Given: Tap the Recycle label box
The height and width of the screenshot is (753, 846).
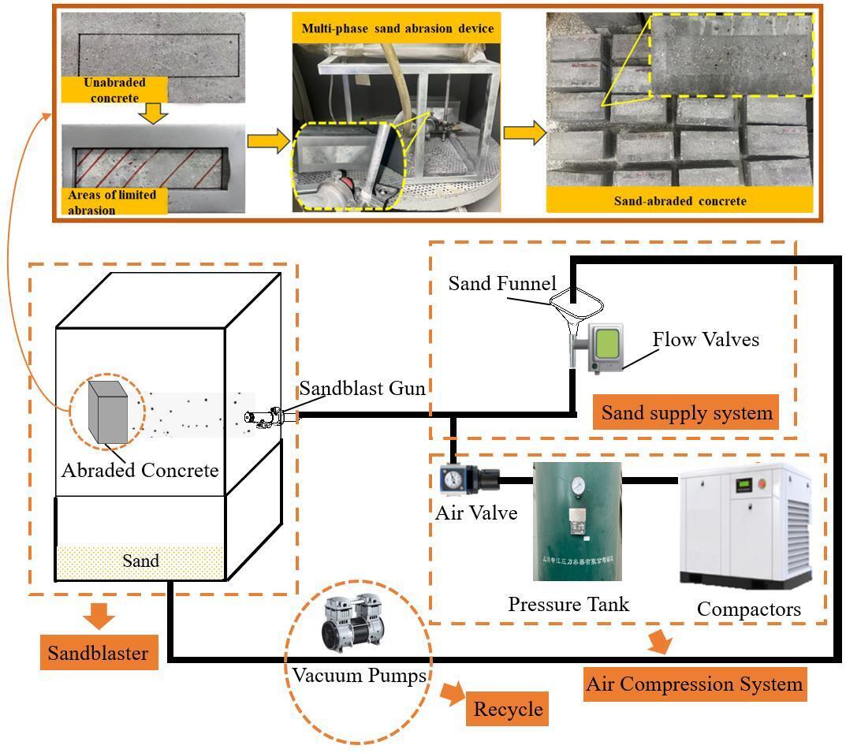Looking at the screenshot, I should click(508, 709).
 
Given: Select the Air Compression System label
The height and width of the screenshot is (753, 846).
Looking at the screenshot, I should click(694, 684).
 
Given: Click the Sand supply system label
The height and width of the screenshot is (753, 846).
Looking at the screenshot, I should click(686, 413).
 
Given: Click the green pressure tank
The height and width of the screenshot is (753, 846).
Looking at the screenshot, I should click(577, 520).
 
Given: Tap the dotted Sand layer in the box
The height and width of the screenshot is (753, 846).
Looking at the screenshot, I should click(140, 561).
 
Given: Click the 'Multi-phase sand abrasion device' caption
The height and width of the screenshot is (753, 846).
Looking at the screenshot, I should click(397, 29).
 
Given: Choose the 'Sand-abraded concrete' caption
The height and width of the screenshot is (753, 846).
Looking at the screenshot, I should click(680, 200).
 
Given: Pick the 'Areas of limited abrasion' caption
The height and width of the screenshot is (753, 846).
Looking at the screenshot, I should click(114, 202).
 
